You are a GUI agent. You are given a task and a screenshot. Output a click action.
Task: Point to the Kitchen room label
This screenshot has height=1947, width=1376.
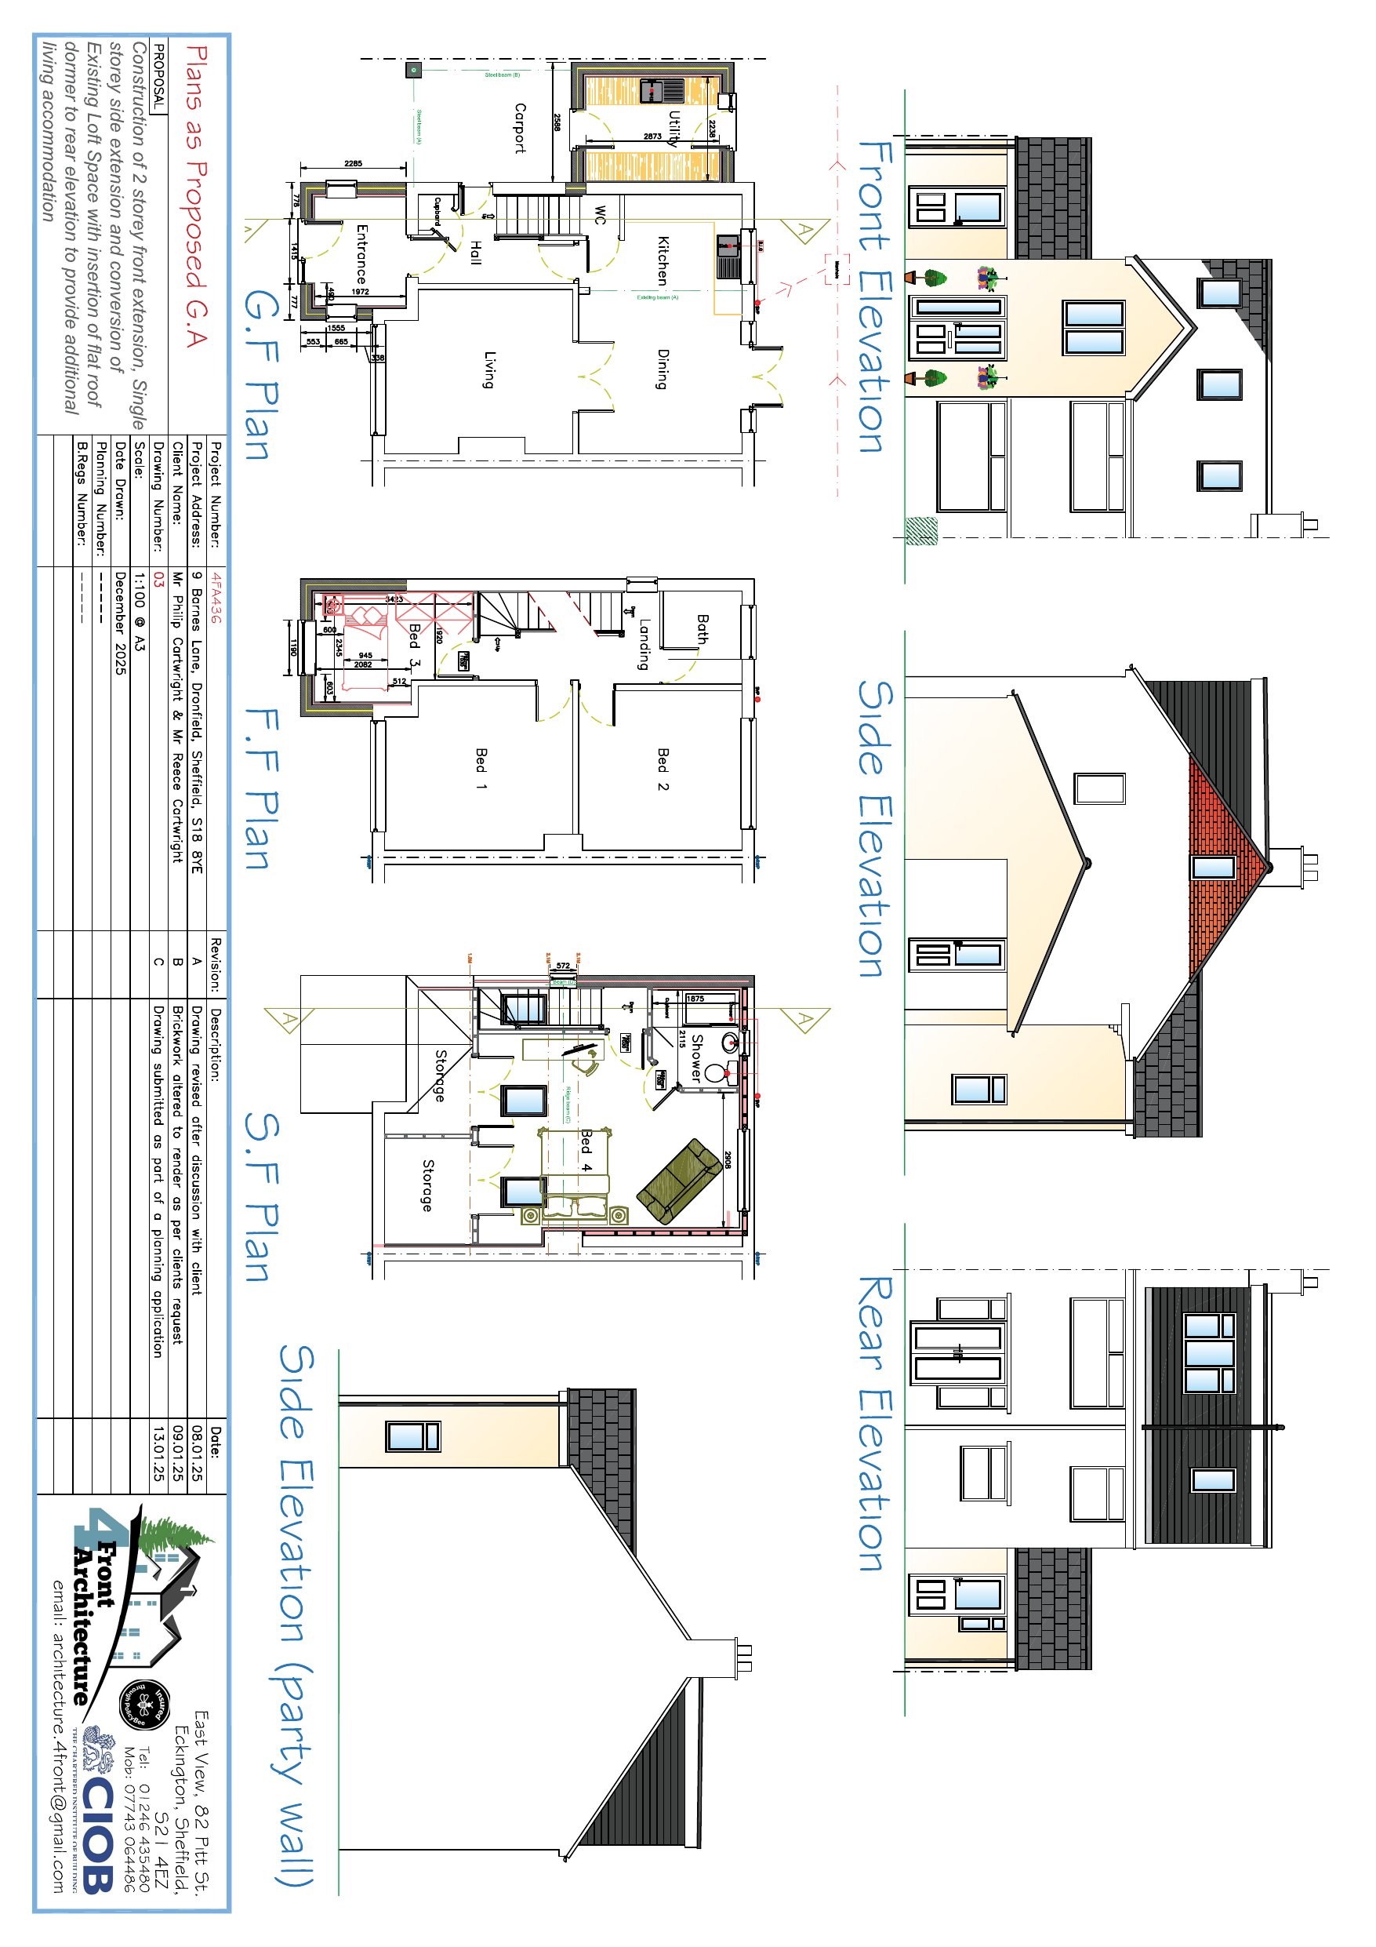click(663, 260)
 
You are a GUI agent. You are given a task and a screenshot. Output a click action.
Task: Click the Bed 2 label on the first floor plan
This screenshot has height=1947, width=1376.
click(663, 769)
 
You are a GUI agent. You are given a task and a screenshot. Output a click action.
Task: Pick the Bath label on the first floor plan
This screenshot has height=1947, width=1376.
click(702, 629)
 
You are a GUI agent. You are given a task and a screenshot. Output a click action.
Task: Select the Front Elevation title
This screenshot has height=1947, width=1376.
click(876, 297)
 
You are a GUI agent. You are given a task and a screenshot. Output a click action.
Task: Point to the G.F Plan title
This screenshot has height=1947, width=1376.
click(261, 374)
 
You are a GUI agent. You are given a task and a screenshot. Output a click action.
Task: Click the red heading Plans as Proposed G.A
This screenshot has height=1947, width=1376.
click(196, 197)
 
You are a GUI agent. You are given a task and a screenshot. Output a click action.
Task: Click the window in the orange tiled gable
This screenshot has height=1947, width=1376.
click(1213, 867)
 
